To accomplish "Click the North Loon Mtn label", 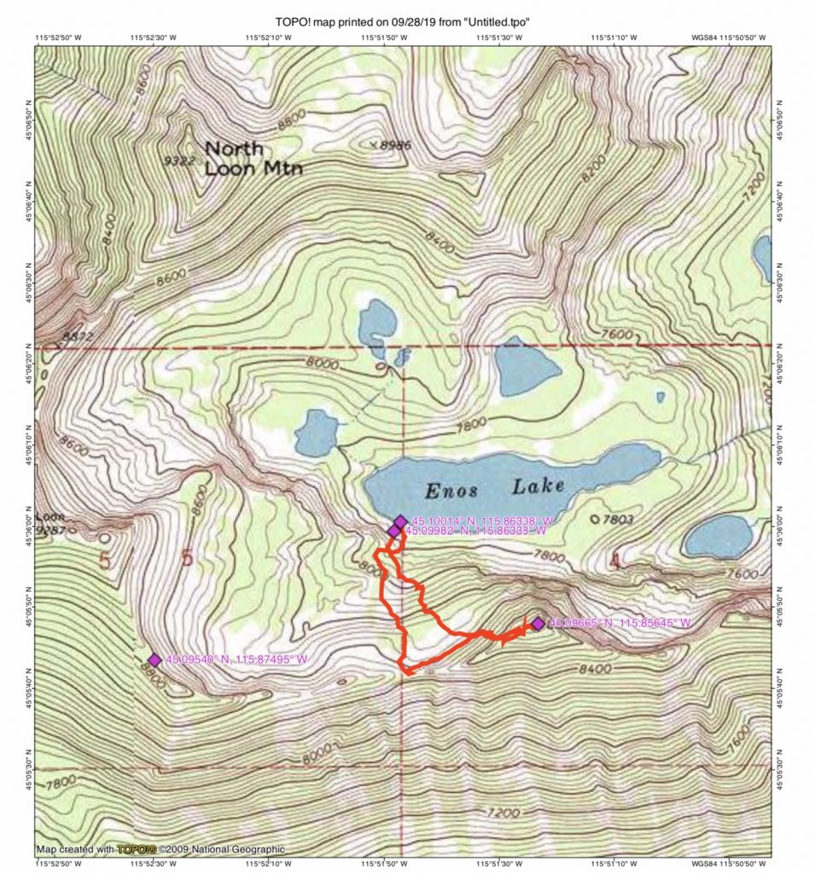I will click(x=253, y=158).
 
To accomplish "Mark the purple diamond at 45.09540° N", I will click(x=154, y=660).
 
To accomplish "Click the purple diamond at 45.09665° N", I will click(x=538, y=624).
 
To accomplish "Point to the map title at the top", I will click(x=407, y=21).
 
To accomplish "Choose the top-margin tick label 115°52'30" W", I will click(x=154, y=38).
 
